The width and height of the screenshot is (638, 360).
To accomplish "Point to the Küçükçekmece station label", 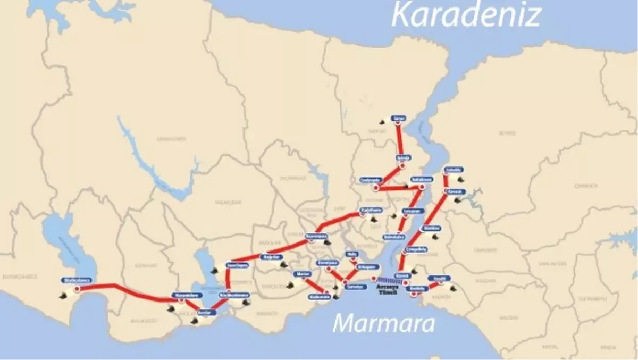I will (x=234, y=295).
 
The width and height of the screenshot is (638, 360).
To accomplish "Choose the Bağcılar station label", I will (x=269, y=257).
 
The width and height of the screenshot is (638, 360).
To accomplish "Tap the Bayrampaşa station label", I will (x=316, y=236).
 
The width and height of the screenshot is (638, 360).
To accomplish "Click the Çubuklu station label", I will (x=455, y=170).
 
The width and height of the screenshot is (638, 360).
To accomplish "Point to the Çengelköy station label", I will (x=416, y=249).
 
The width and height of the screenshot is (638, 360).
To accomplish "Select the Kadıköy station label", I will (x=418, y=289).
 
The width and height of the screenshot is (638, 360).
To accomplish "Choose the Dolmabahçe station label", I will (x=393, y=236).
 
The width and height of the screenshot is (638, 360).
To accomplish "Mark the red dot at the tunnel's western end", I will (x=374, y=279).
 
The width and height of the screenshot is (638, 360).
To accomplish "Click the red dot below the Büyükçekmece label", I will (x=78, y=289).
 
